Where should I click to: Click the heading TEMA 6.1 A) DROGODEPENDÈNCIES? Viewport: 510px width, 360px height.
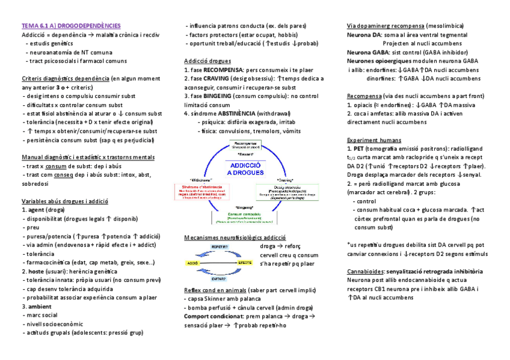(71, 26)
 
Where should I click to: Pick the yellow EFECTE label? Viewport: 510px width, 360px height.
(245, 263)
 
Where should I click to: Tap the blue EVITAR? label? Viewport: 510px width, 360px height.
(219, 279)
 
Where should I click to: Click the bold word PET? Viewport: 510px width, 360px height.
(359, 148)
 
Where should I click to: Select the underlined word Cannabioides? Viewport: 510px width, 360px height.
(365, 271)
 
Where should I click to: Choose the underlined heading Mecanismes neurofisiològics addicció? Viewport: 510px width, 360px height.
(235, 237)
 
